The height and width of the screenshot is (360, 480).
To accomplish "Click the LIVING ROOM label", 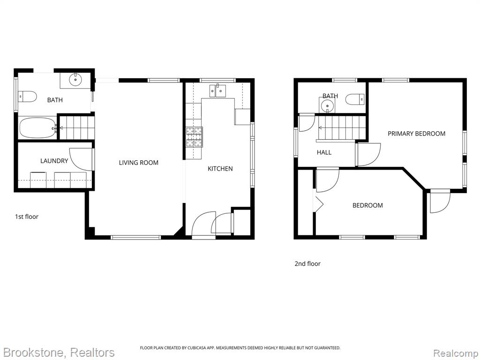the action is tap(139, 163).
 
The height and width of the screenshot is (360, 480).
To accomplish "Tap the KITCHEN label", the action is tap(220, 169).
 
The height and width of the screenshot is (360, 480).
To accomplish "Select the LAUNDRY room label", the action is tap(54, 161).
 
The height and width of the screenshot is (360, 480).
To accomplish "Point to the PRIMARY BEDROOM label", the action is tap(416, 134).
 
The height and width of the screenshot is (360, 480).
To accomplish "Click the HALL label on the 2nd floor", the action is tap(324, 152).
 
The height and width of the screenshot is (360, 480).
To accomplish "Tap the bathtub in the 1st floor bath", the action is tap(37, 128).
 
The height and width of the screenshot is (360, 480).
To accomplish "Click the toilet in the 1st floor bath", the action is tap(27, 97).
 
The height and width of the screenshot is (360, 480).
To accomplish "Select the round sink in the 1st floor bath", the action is tap(75, 80).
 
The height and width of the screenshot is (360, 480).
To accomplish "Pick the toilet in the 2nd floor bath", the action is tap(355, 99).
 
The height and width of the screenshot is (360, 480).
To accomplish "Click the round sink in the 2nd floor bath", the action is tap(327, 106).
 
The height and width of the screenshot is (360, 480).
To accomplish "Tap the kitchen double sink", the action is tap(217, 90).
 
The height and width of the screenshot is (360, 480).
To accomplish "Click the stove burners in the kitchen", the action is tap(194, 137).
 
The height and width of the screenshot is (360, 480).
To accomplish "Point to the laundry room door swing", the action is tap(81, 159).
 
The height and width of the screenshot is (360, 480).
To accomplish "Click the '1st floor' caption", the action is tap(27, 217).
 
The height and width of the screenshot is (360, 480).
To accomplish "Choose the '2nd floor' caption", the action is tap(307, 263).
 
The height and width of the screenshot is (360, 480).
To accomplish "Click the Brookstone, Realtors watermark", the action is tap(58, 352).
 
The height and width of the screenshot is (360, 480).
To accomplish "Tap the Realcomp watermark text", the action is tap(456, 353).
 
